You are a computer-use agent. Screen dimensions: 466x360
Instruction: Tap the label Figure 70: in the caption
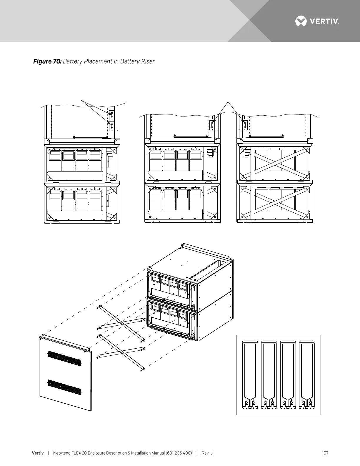pyautogui.click(x=47, y=61)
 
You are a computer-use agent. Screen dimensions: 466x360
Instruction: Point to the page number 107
pyautogui.click(x=325, y=453)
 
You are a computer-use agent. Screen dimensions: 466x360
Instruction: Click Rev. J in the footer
pyautogui.click(x=207, y=453)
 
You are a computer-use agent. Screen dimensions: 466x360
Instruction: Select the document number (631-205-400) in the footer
pyautogui.click(x=179, y=453)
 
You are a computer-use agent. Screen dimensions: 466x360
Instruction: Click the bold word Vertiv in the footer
pyautogui.click(x=38, y=453)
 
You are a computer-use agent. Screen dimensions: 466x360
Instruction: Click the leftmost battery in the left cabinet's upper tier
pyautogui.click(x=55, y=160)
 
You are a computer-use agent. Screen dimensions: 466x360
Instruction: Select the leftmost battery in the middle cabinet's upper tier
pyautogui.click(x=156, y=160)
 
